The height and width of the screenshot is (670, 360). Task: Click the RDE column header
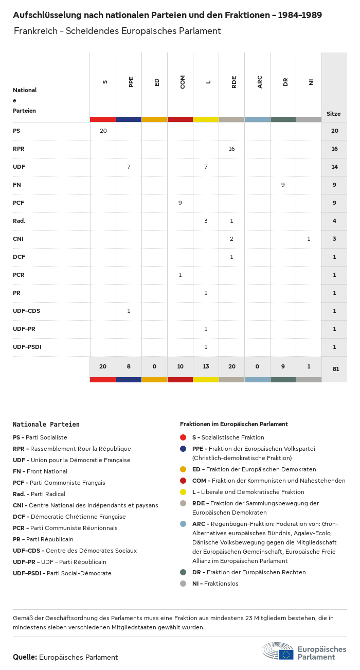tap(234, 82)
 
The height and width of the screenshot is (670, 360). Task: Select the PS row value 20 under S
tap(103, 131)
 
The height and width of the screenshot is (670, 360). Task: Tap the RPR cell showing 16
tap(231, 149)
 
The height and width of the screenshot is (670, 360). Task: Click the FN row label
tap(17, 185)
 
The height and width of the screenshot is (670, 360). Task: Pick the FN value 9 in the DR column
tap(283, 185)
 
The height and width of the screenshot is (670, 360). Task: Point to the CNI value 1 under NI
tap(309, 239)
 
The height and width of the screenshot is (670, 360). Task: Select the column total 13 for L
tap(206, 366)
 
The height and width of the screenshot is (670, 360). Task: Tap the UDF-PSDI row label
tap(27, 347)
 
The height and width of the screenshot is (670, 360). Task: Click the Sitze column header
tap(333, 114)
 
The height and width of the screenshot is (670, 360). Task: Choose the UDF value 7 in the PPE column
tap(129, 167)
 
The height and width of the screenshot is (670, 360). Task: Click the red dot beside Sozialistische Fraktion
tap(183, 437)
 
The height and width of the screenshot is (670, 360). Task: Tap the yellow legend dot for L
tap(183, 492)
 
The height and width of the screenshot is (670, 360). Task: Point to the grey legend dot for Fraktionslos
tap(183, 584)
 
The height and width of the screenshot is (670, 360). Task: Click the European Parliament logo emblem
tap(278, 651)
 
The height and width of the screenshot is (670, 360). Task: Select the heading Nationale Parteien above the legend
tap(46, 425)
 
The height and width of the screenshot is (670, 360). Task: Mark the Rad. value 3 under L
tap(206, 221)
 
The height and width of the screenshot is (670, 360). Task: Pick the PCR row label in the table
tap(19, 275)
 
